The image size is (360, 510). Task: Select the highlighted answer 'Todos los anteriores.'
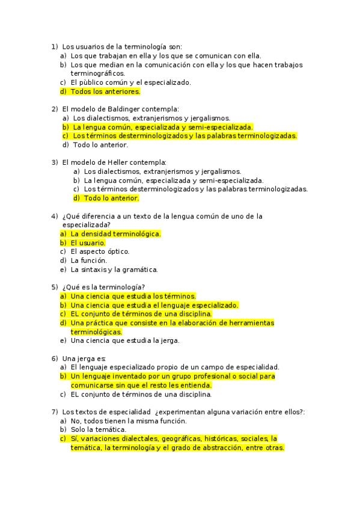click(x=105, y=91)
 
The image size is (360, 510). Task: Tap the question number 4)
click(x=54, y=216)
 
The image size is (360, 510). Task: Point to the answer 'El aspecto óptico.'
click(x=100, y=251)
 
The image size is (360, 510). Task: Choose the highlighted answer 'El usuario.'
click(x=88, y=243)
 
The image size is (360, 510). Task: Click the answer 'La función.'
click(x=89, y=260)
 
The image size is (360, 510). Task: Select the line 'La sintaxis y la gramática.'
click(x=114, y=269)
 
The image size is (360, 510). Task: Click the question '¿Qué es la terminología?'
click(x=103, y=287)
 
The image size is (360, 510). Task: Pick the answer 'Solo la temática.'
click(x=99, y=429)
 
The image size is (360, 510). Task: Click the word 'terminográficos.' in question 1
click(x=97, y=73)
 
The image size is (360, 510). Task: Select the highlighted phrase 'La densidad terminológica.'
click(x=115, y=234)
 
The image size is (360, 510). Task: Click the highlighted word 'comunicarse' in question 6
click(x=93, y=385)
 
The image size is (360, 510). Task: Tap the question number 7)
click(x=54, y=411)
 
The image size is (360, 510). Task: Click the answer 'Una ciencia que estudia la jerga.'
click(x=125, y=340)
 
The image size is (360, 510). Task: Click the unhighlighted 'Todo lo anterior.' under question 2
click(x=100, y=144)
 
